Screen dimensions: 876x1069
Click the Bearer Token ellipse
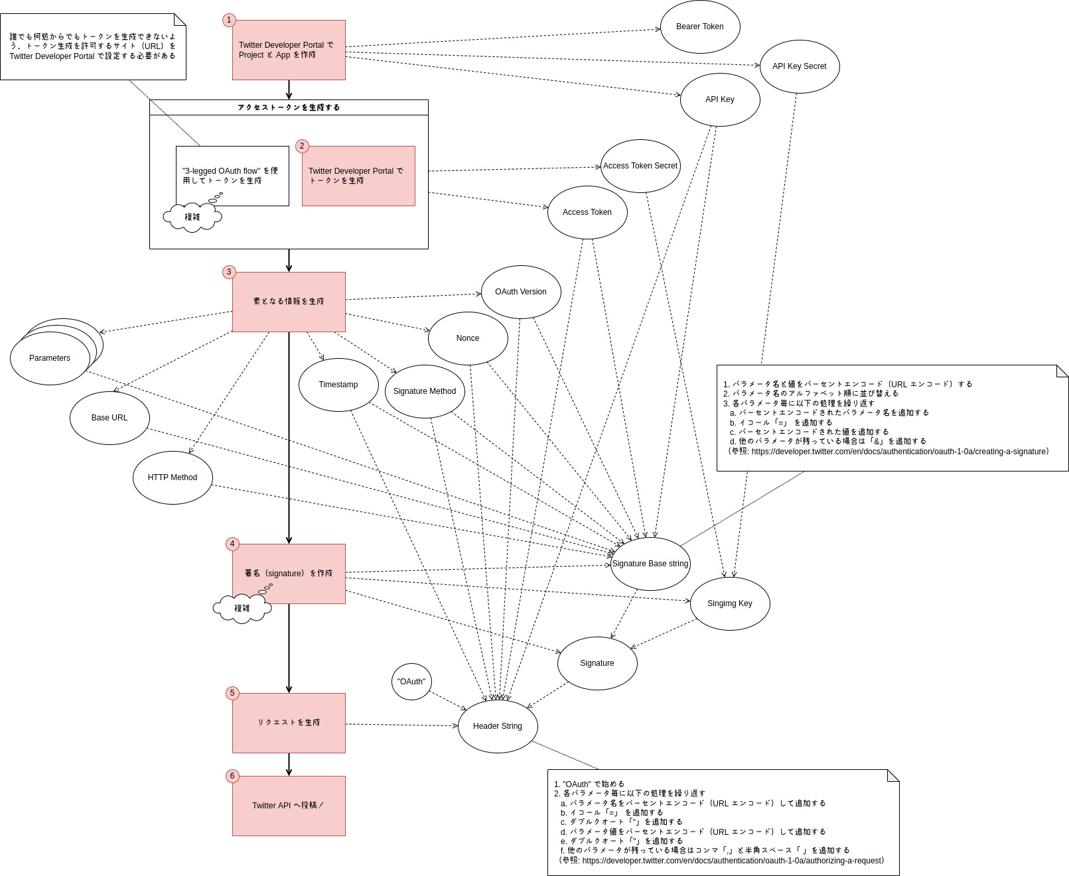tap(700, 27)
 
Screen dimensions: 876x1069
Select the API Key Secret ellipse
tap(799, 66)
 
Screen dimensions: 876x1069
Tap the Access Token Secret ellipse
tap(640, 166)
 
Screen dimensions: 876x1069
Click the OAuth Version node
tap(521, 292)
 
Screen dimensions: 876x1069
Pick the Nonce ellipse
tap(468, 338)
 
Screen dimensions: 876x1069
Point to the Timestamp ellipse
tap(338, 385)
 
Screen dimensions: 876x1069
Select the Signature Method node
tap(425, 391)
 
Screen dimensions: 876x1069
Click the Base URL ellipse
tap(109, 418)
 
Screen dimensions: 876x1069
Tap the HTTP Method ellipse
tap(173, 477)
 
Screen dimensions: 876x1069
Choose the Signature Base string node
tap(650, 564)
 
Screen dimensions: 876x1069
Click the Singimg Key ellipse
tap(730, 603)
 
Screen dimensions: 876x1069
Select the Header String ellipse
tap(498, 726)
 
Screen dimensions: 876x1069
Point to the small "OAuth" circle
tap(411, 682)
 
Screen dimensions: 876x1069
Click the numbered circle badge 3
tap(229, 272)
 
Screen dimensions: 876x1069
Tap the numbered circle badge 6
tap(232, 776)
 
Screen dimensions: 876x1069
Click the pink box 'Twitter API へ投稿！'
tap(289, 806)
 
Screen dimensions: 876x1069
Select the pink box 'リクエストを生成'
tap(289, 723)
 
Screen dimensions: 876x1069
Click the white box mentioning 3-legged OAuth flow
tap(232, 176)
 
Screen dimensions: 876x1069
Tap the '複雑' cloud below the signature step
tap(242, 608)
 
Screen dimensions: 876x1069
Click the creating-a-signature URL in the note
tap(899, 452)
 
